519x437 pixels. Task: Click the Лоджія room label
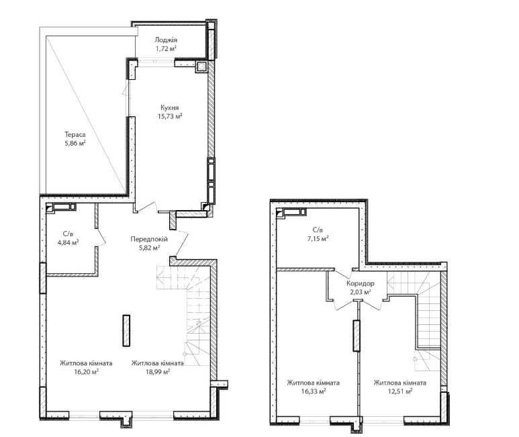166,40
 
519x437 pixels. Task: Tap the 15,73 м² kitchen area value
170,116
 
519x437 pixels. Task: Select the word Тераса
75,135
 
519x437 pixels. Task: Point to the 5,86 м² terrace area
75,143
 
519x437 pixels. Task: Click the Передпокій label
149,239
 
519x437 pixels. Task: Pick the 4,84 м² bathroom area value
68,242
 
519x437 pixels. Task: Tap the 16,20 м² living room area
87,371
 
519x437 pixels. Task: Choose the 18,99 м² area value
158,371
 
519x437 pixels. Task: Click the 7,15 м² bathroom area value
318,238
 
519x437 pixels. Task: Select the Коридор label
361,283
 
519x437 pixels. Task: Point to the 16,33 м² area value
314,391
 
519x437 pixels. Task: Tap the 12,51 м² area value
400,391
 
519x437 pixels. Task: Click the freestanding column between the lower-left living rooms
126,330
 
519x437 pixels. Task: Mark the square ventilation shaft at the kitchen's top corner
201,67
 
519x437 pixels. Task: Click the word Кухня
170,108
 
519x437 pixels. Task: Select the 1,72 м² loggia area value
166,48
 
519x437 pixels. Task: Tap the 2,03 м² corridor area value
361,292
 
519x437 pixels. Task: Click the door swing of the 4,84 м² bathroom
102,237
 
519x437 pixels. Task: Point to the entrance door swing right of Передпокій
182,243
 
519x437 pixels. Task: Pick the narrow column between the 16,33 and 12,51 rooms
356,336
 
